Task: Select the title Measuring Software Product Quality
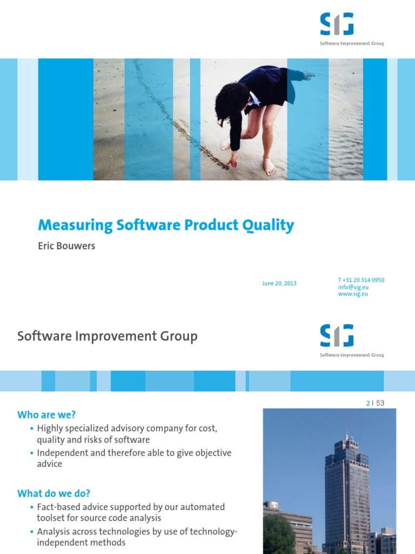[x=166, y=225]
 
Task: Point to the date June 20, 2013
[x=278, y=283]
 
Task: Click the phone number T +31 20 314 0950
[x=361, y=280]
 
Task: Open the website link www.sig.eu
[x=353, y=294]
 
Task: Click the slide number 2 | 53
[x=375, y=403]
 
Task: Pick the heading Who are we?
[x=46, y=415]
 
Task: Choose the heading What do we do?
[x=53, y=493]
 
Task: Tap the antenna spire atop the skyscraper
[x=346, y=433]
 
